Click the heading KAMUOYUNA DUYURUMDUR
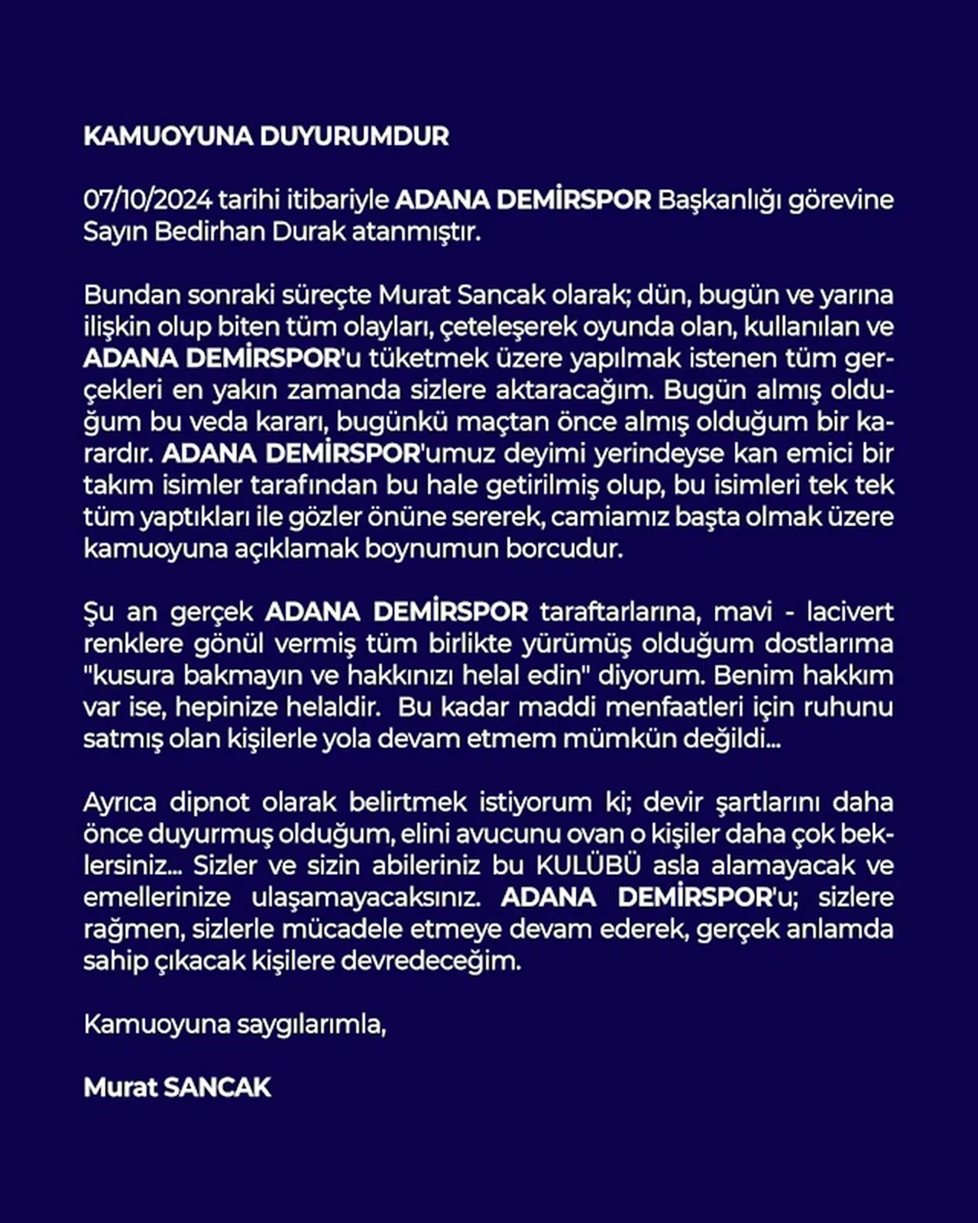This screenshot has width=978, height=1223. click(x=266, y=136)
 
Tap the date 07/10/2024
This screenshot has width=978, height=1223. click(x=147, y=200)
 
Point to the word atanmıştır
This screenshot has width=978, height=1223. click(x=416, y=232)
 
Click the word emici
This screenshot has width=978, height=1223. click(x=799, y=453)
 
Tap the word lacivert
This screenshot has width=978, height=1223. click(x=850, y=612)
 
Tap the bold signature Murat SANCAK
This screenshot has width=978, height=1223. click(x=177, y=1088)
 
